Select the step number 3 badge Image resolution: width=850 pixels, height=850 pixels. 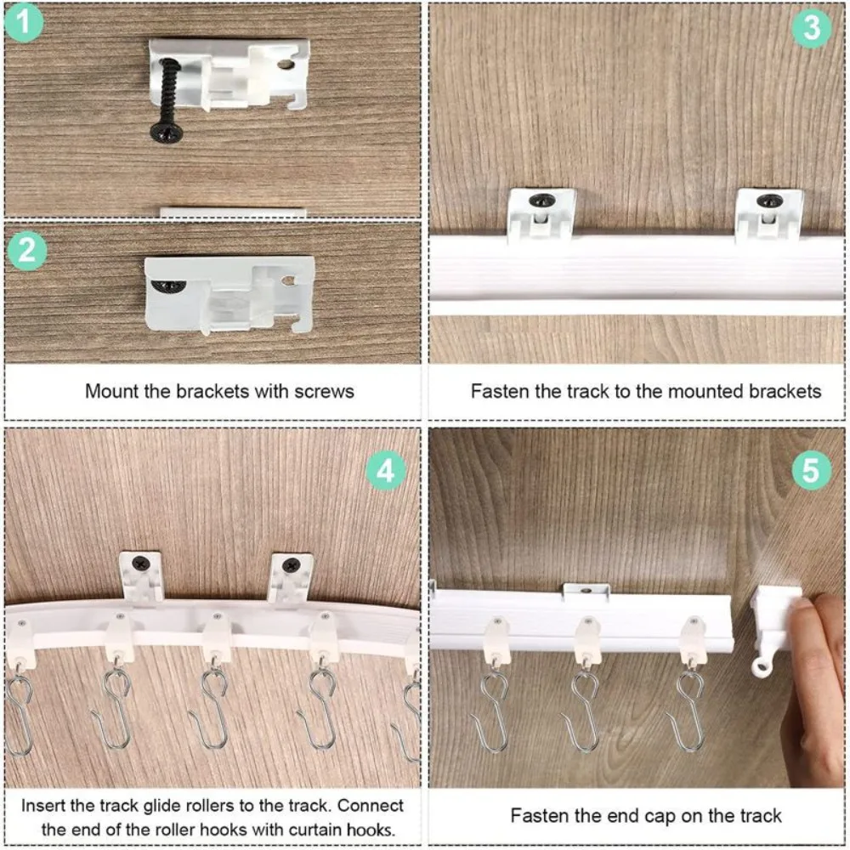(x=812, y=28)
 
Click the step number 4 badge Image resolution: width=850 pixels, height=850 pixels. (x=386, y=470)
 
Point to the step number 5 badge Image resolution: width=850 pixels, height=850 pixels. (x=811, y=470)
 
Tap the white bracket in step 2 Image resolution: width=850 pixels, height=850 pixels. (x=229, y=293)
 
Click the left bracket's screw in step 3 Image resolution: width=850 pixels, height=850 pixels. (x=540, y=201)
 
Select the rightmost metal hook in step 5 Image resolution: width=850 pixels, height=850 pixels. (x=687, y=710)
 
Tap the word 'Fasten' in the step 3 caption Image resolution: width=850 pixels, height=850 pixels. (x=499, y=392)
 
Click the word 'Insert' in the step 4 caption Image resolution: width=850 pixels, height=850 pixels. (x=43, y=804)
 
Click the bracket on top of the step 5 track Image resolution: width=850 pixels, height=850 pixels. (x=586, y=591)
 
